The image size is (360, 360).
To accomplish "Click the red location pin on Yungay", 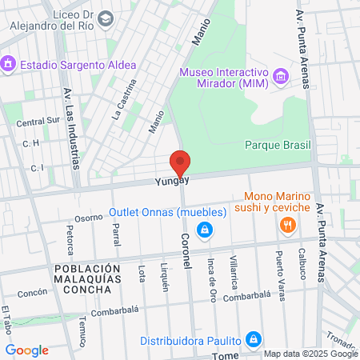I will click(x=181, y=162).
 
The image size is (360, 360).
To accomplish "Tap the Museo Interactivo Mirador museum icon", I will click(x=281, y=77).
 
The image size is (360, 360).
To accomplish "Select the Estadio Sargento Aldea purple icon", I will click(x=9, y=63).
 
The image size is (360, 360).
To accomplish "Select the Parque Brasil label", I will click(x=277, y=145).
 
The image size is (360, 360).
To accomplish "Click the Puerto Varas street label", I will click(x=279, y=277).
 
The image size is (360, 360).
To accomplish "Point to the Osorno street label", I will click(x=89, y=217).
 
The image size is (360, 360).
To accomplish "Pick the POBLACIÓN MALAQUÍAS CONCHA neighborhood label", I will click(x=83, y=278).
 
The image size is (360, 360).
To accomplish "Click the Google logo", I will click(x=26, y=350).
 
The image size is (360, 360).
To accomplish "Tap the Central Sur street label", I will click(x=38, y=122).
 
